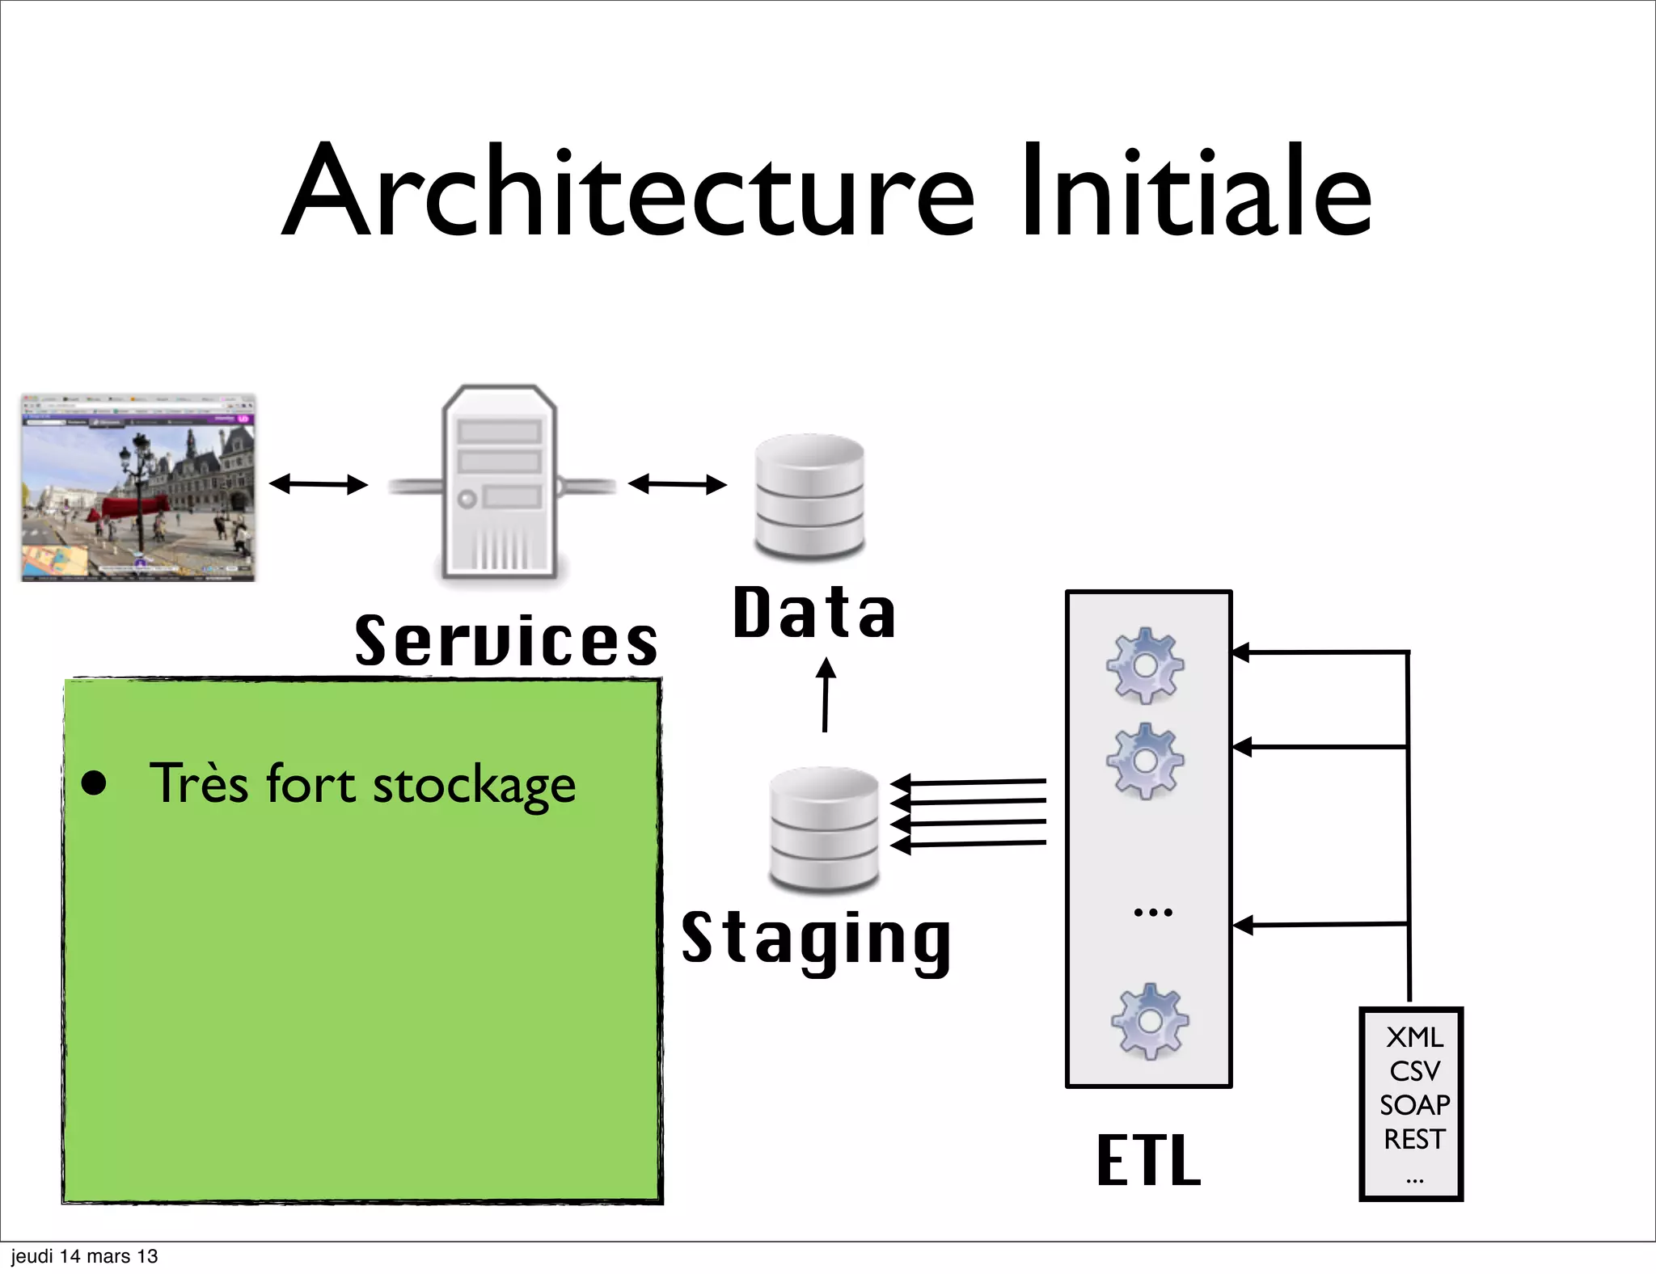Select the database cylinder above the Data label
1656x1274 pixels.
(x=809, y=496)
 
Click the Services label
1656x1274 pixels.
(x=506, y=640)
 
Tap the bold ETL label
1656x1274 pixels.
(x=1148, y=1160)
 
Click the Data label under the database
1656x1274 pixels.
(x=814, y=613)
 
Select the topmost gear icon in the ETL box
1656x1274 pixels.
(x=1145, y=664)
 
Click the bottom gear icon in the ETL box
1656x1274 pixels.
(x=1149, y=1021)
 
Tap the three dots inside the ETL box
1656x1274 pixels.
(x=1152, y=913)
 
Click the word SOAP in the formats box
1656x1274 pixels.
(x=1414, y=1105)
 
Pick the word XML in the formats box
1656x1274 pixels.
(x=1414, y=1037)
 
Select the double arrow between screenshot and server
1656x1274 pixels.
(x=318, y=484)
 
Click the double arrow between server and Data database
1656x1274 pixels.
(x=677, y=484)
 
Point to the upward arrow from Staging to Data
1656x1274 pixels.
(x=826, y=694)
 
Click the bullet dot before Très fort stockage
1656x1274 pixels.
(x=95, y=783)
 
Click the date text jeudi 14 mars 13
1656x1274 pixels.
(x=84, y=1256)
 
